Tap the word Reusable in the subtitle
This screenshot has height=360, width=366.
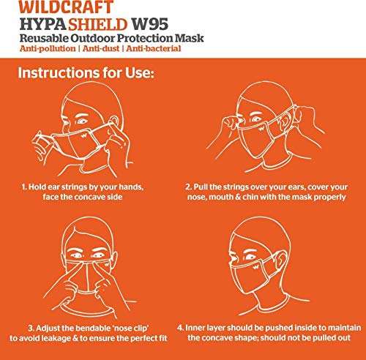click(x=45, y=37)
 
